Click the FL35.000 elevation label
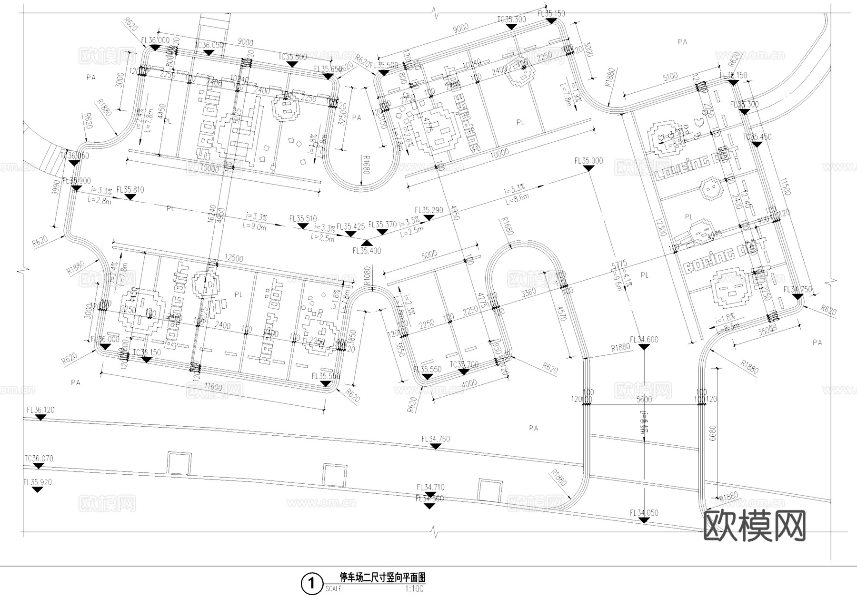pos(588,161)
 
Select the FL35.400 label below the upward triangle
pos(367,251)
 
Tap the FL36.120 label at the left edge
pos(40,410)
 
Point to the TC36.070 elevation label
pos(39,459)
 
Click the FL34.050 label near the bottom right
pos(644,512)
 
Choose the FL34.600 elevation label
pos(644,339)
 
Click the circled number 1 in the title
pos(311,583)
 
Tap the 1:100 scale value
pos(414,589)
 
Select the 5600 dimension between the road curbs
pos(644,400)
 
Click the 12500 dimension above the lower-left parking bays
pos(234,259)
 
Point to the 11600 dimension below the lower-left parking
pos(212,387)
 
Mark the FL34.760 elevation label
pos(435,439)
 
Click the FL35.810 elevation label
pos(130,190)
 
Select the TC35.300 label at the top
pos(511,20)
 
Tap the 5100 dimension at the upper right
pos(670,76)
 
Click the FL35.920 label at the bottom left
pos(37,482)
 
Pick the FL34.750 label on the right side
pos(797,289)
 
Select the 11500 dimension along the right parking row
pos(786,186)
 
